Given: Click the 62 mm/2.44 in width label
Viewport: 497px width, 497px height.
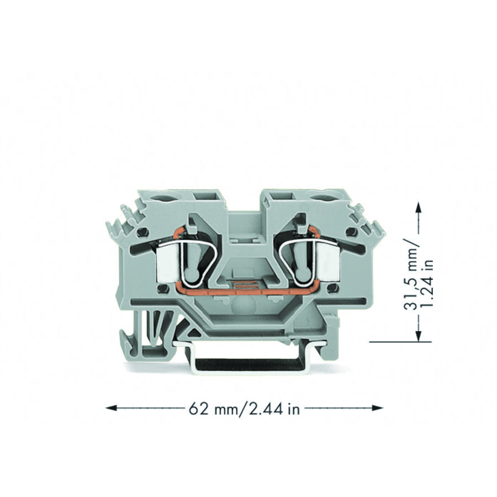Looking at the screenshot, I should point(244,409).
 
